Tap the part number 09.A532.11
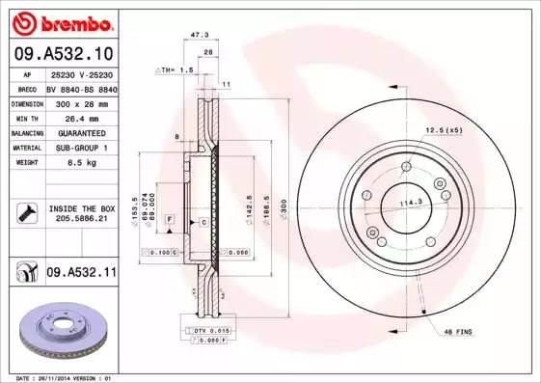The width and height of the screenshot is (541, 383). [x=81, y=273]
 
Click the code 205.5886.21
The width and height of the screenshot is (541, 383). [x=81, y=220]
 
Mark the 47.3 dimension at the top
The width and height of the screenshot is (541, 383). [x=201, y=35]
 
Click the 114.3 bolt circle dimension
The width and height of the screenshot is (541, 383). [x=413, y=202]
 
